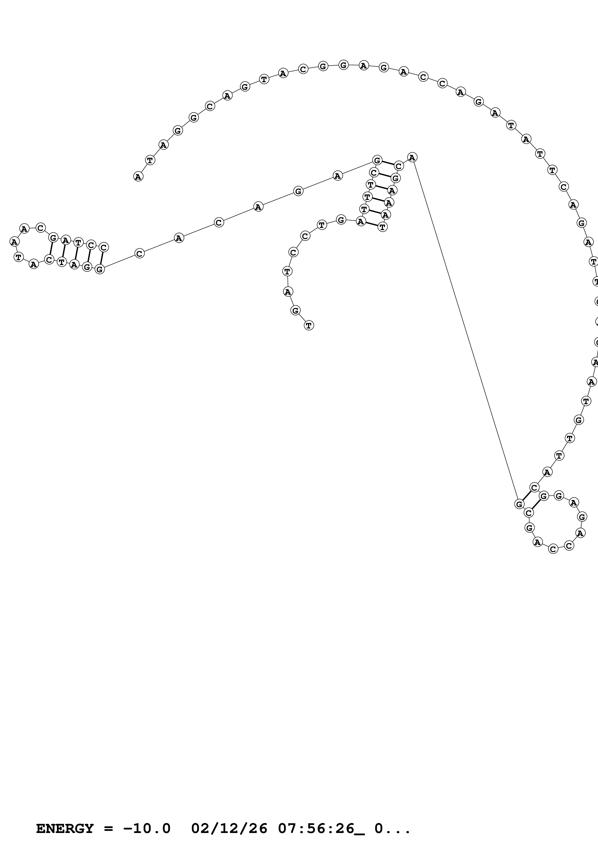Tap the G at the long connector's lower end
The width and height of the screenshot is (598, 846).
(519, 504)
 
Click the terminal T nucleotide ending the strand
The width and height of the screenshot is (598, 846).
(309, 325)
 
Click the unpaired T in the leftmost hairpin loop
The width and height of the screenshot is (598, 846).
(18, 257)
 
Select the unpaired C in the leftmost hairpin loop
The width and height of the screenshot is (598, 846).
(41, 228)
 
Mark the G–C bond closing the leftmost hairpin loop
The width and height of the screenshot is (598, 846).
(51, 249)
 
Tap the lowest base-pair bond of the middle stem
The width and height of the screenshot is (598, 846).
(372, 224)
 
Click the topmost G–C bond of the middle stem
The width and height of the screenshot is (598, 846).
(388, 163)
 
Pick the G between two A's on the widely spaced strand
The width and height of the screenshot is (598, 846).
(298, 191)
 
